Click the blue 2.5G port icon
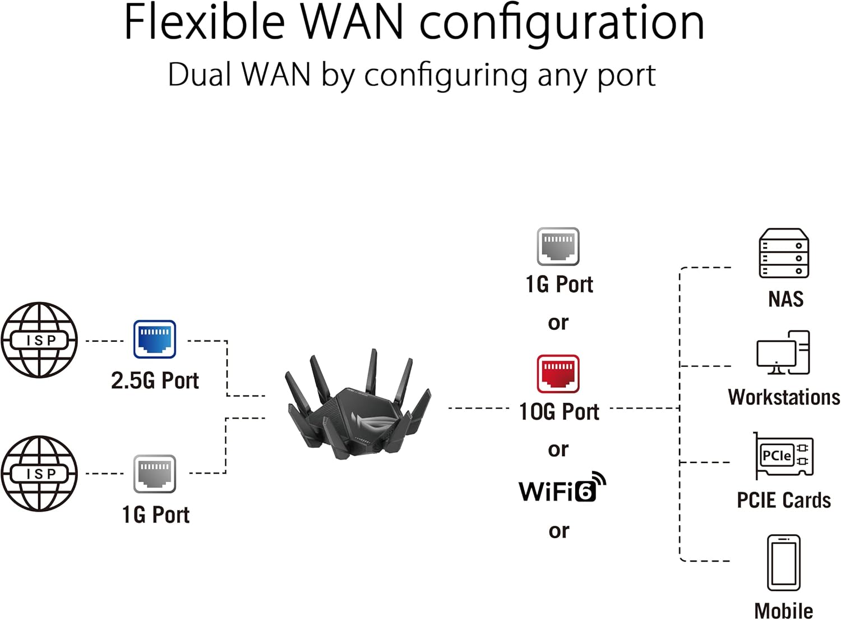pos(155,339)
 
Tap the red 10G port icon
pos(558,374)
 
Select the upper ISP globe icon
pos(39,340)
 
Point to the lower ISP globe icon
pos(39,474)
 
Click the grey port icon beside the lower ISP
pos(155,474)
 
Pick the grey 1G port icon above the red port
pos(558,246)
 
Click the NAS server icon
pos(784,254)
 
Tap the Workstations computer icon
pos(783,353)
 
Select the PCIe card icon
pos(783,456)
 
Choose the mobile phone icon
pos(784,563)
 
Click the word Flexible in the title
pos(205,22)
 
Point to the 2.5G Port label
pos(155,381)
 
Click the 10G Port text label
pos(559,412)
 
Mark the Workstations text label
pos(784,397)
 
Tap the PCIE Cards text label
pos(784,500)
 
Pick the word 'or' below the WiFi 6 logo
pos(558,531)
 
